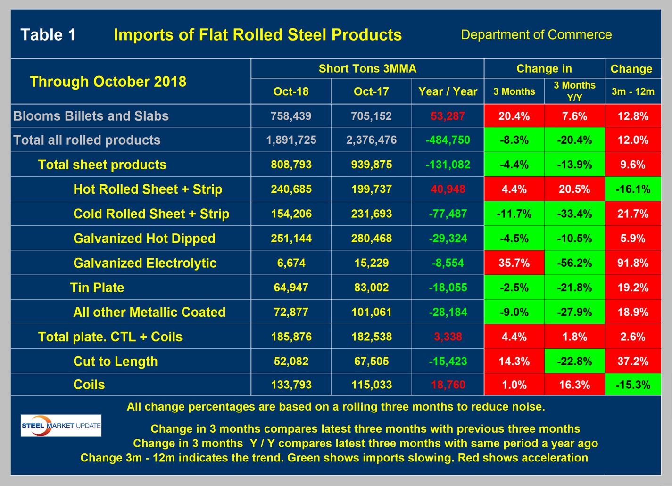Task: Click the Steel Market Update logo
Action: tap(61, 425)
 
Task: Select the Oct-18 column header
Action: tap(291, 91)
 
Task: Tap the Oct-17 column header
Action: tap(371, 91)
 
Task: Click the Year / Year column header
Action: tap(448, 91)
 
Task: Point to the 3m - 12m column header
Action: tap(632, 92)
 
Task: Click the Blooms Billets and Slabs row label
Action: tap(91, 116)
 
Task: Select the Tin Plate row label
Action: tap(97, 288)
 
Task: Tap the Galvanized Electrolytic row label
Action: tap(145, 263)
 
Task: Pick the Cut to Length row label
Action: tap(116, 362)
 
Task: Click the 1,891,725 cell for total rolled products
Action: tap(291, 140)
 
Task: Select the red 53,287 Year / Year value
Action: tap(448, 116)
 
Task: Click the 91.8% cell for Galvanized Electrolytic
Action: tap(632, 263)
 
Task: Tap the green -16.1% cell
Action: tap(632, 189)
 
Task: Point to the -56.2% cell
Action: tap(574, 263)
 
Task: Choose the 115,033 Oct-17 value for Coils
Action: tap(371, 385)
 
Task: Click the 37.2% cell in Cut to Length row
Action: tap(632, 362)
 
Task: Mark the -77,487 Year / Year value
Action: tap(448, 214)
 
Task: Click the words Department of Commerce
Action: tap(536, 35)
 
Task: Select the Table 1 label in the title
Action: tap(48, 35)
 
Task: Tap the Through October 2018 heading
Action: tap(108, 82)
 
